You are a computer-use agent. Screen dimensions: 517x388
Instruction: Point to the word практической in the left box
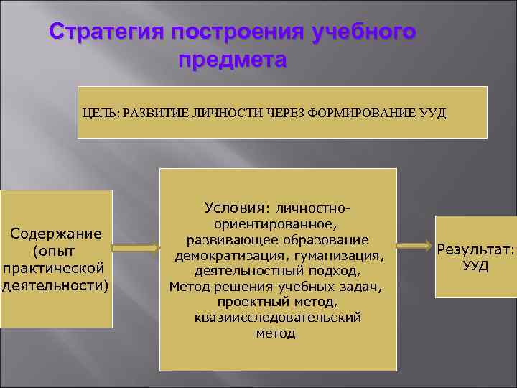[x=54, y=267]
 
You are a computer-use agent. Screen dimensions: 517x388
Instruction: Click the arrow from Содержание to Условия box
[x=136, y=248]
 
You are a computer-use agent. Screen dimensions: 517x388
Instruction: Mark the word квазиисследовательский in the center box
[x=276, y=317]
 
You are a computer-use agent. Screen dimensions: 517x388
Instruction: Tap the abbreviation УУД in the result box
[x=475, y=266]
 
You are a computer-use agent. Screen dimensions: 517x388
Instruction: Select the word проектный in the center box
[x=252, y=302]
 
